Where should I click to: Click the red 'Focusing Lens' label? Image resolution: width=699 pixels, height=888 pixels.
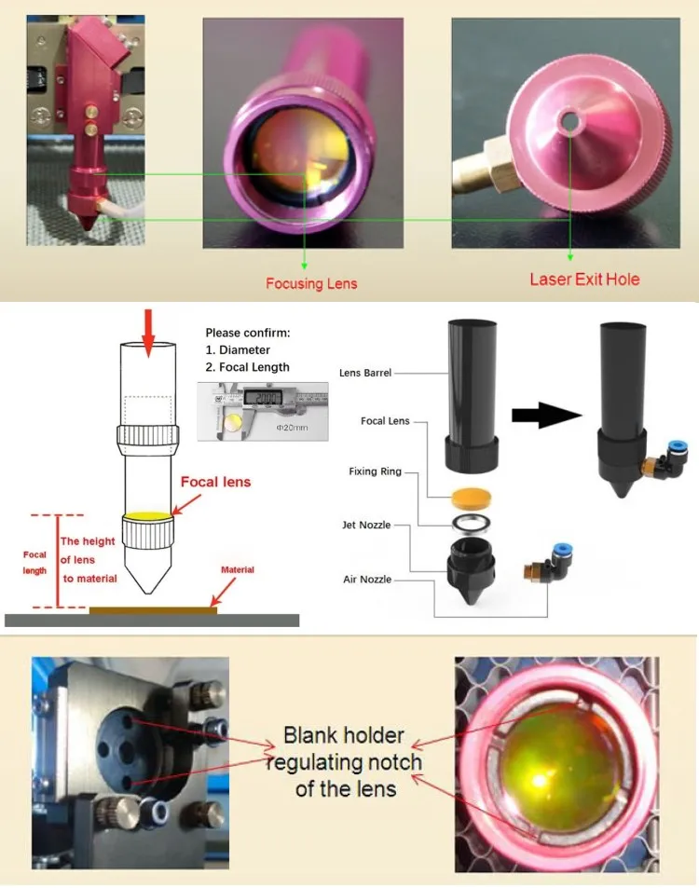coord(311,283)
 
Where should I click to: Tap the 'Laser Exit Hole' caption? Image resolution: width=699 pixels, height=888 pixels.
coord(585,279)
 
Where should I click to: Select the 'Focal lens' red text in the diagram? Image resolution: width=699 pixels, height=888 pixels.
coord(216,482)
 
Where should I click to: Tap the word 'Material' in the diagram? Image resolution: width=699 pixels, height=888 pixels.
coord(237,569)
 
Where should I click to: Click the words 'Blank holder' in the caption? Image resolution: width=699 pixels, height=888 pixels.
coord(344,737)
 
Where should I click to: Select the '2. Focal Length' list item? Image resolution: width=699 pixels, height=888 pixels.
coord(247,367)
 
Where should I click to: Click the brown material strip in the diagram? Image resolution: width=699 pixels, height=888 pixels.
coord(153,611)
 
